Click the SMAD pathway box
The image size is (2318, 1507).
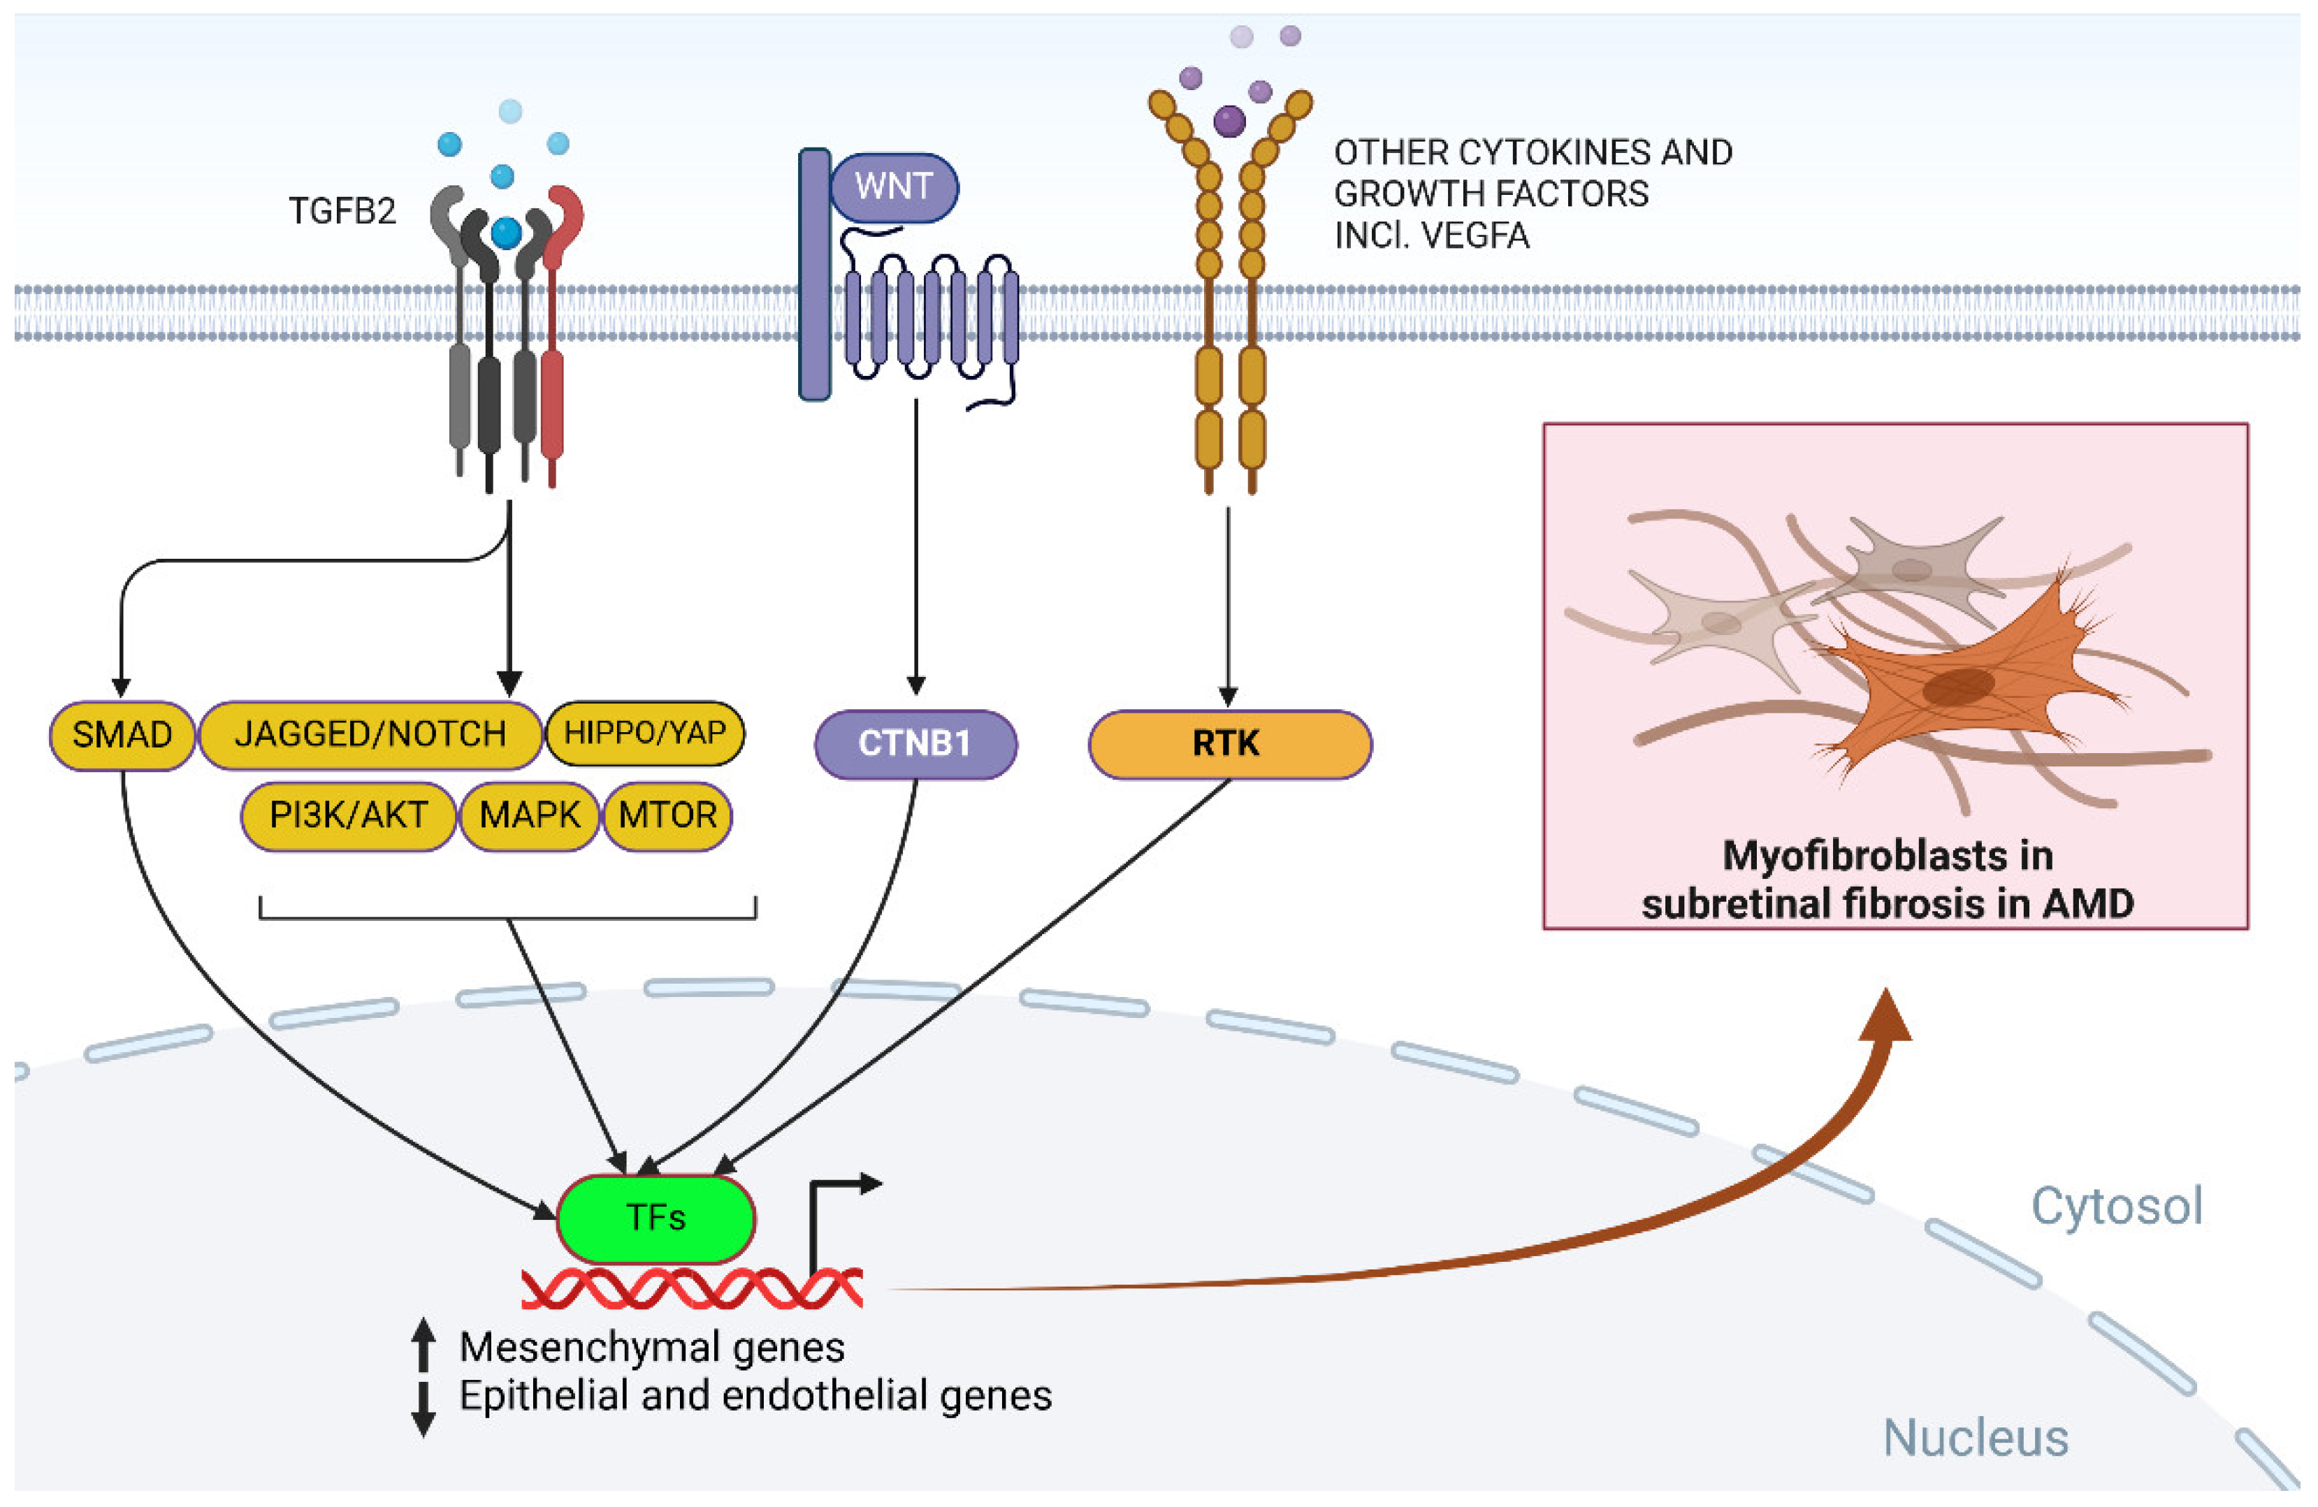(x=122, y=735)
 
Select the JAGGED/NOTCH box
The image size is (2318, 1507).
(x=370, y=735)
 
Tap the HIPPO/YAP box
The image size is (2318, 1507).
(x=645, y=732)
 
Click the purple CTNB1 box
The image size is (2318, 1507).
(x=915, y=745)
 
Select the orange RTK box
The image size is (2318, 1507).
(x=1229, y=745)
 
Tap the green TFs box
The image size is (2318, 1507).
(x=655, y=1218)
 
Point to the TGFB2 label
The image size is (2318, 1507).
(x=342, y=211)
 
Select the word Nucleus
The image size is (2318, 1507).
(x=1975, y=1438)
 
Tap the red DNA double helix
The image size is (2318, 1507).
(x=692, y=1289)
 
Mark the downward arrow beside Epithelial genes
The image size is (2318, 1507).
(x=423, y=1408)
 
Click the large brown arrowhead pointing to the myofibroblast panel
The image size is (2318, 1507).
(x=1885, y=1017)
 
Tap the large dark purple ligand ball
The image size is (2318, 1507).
(x=1229, y=122)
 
